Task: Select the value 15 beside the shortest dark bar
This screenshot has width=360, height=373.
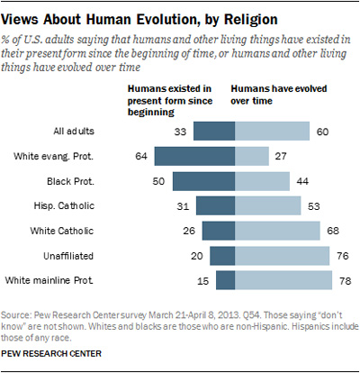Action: point(203,283)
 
